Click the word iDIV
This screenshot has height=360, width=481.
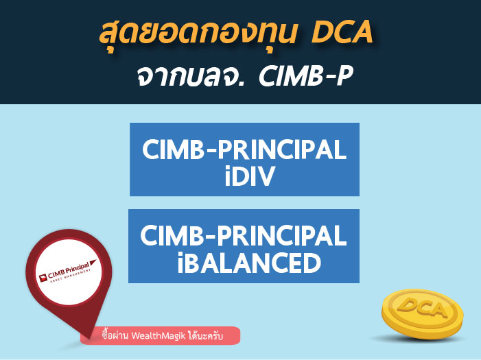click(x=249, y=176)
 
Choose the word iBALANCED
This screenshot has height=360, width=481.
click(x=249, y=263)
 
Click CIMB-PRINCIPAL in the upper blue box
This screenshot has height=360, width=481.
click(x=244, y=149)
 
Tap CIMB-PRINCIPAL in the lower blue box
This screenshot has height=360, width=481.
click(x=244, y=235)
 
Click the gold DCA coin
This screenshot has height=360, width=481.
click(x=422, y=313)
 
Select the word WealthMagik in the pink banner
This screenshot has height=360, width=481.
click(x=159, y=336)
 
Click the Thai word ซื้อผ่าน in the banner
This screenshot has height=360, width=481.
click(x=115, y=335)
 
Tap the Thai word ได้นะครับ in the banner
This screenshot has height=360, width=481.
click(x=206, y=335)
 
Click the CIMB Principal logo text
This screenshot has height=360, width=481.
click(x=69, y=270)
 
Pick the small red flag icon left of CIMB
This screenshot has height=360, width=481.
click(x=43, y=278)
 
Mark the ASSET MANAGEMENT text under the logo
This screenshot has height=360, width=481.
click(x=71, y=276)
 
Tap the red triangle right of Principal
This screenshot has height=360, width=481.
click(x=93, y=263)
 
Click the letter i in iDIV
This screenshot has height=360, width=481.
click(x=228, y=176)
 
